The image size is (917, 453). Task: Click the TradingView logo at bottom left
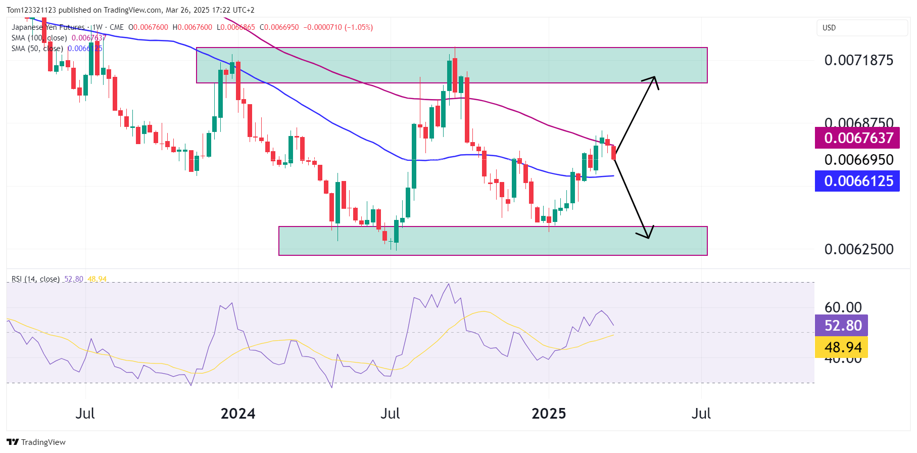(x=36, y=442)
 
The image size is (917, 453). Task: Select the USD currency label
(x=829, y=28)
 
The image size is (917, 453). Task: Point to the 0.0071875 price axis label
(x=858, y=60)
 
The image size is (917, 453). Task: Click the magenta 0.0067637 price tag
(x=857, y=138)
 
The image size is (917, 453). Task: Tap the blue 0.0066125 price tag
(x=857, y=181)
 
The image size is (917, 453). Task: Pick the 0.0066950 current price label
(x=858, y=160)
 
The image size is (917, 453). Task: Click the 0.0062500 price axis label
(x=858, y=249)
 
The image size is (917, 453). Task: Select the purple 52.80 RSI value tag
(x=842, y=326)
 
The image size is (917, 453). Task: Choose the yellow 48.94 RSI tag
(x=842, y=347)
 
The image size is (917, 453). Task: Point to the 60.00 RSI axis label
(x=843, y=307)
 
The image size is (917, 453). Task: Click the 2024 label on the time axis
(x=238, y=414)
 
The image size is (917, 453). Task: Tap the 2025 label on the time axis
(x=549, y=414)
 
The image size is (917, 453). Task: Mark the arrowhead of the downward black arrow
(x=648, y=236)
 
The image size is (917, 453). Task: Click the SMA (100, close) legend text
(x=39, y=38)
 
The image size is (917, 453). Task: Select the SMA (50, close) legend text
(x=37, y=49)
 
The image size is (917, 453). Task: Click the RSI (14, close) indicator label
(x=35, y=279)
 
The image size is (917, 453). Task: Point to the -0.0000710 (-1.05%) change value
(x=338, y=27)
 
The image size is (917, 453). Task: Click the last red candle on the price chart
(x=614, y=153)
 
